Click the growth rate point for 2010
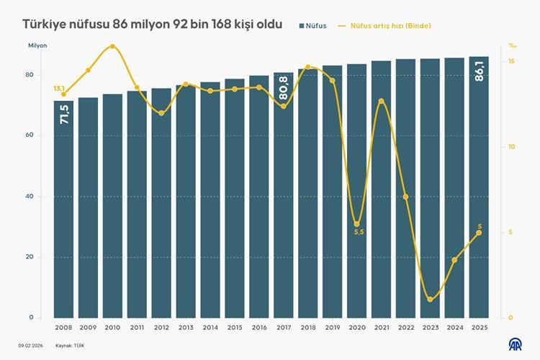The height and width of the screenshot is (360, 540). [x=112, y=46]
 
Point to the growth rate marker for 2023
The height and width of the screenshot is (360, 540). [x=430, y=300]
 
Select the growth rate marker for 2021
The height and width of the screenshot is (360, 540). [x=381, y=101]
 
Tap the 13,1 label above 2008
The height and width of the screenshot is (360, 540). [x=59, y=88]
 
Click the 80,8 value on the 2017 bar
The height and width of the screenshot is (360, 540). [x=284, y=88]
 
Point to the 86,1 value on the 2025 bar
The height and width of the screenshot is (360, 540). [x=480, y=72]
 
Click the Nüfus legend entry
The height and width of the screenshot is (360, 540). [x=312, y=26]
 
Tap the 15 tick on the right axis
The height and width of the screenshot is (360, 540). [x=510, y=62]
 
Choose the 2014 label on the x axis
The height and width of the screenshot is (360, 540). [x=210, y=327]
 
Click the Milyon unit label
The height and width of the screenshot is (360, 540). [x=37, y=46]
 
